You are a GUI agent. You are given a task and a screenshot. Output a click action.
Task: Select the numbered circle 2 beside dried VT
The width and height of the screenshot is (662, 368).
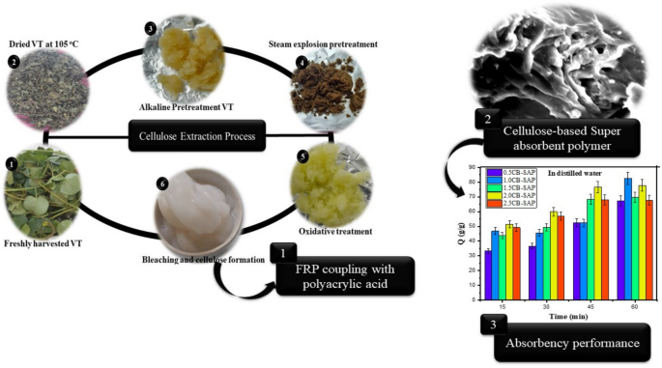tap(14, 61)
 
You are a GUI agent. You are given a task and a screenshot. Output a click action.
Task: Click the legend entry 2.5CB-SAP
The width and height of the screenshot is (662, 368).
tap(521, 204)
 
